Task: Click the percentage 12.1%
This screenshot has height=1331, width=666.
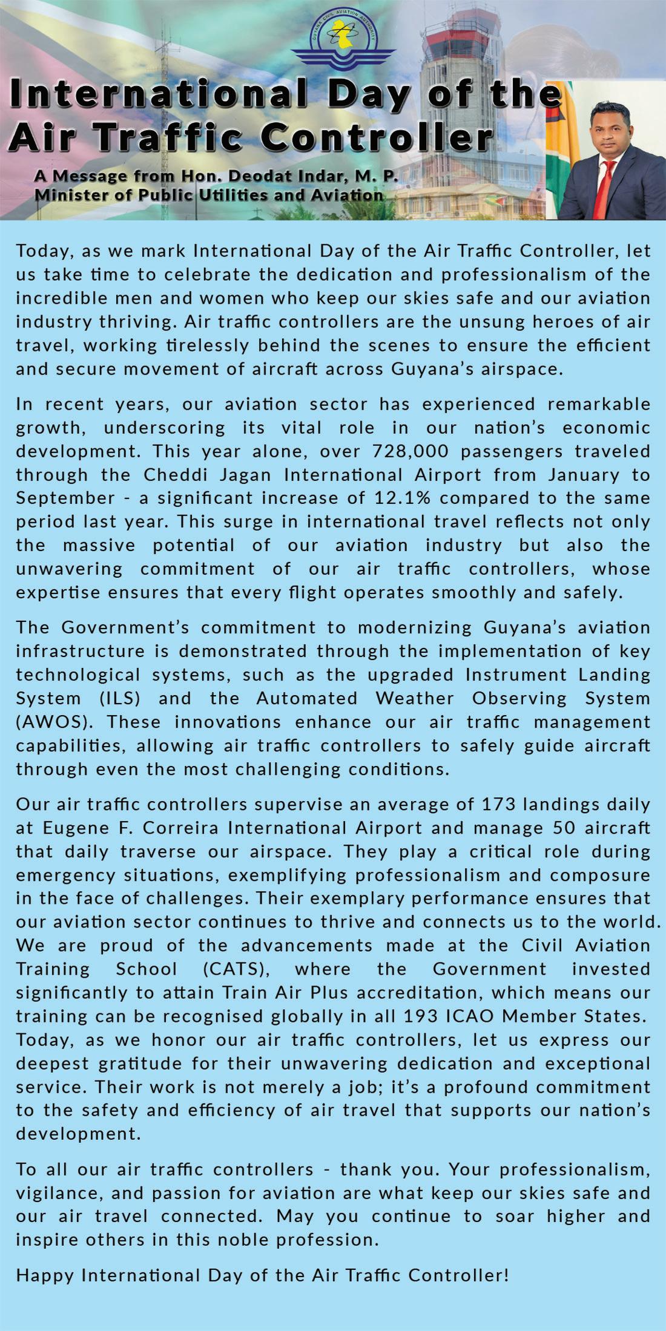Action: point(389,498)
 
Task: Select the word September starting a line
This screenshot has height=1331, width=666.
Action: point(65,498)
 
